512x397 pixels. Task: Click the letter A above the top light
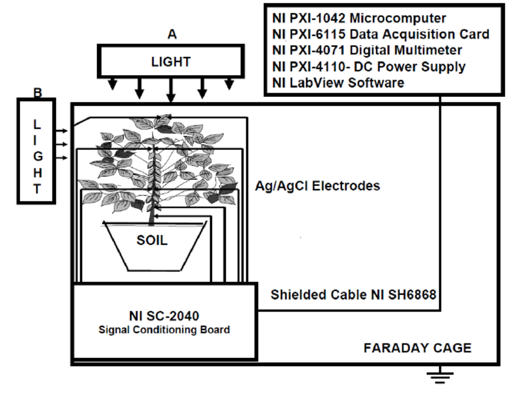pos(171,35)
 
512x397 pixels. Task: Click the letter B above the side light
pos(37,93)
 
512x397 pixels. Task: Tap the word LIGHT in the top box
pos(171,61)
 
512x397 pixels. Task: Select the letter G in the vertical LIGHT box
pos(37,156)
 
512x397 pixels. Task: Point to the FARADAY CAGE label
pos(417,348)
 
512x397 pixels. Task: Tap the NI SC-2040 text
pos(164,315)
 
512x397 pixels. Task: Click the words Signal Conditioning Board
pos(164,330)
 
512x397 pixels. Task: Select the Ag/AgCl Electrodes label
pos(318,186)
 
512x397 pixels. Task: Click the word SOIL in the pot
pos(151,241)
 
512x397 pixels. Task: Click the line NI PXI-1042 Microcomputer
pos(359,18)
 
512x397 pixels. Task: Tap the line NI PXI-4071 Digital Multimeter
pos(367,51)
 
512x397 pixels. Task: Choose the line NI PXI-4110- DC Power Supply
pos(369,67)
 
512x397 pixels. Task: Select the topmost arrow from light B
pos(63,129)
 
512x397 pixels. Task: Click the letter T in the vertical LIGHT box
pos(37,189)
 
